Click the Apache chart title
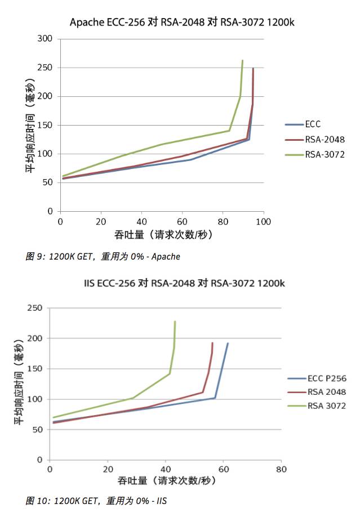pos(182,23)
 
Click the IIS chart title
pos(181,283)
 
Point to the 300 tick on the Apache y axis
pos(47,39)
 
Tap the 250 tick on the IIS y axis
pos(35,308)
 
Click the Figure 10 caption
pos(97,500)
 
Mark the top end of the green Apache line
pos(242,60)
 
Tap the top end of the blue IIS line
pos(228,343)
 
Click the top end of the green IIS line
pos(175,322)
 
